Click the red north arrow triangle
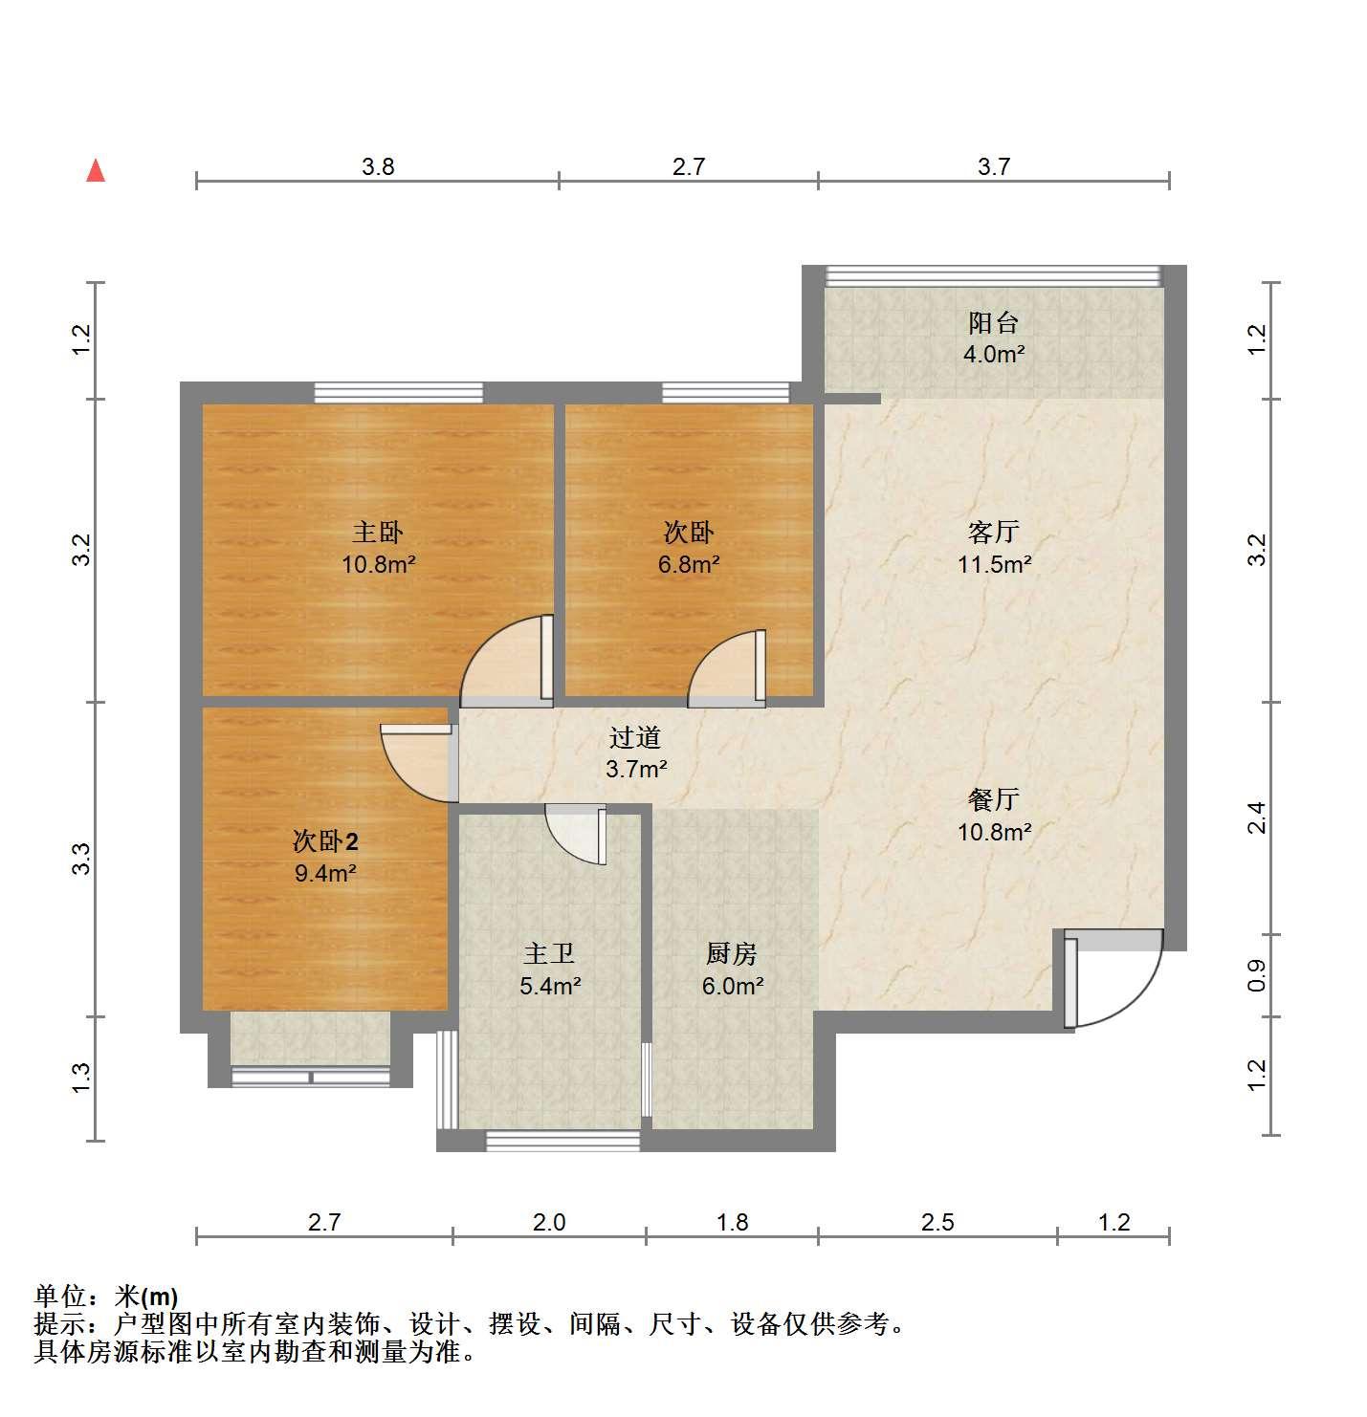(x=96, y=170)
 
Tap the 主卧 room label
(x=378, y=533)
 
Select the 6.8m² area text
(x=689, y=564)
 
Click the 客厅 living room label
(x=993, y=533)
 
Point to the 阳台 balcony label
(x=993, y=322)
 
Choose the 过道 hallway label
(x=634, y=737)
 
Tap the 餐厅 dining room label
(x=993, y=799)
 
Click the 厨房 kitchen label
(x=732, y=953)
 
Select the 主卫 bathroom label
(x=549, y=953)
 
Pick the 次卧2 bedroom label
(x=325, y=841)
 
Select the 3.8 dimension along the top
(x=378, y=166)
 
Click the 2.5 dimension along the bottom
(x=937, y=1222)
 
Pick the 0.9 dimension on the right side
(x=1257, y=975)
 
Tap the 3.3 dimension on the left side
(x=81, y=859)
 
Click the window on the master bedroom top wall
(x=399, y=392)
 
